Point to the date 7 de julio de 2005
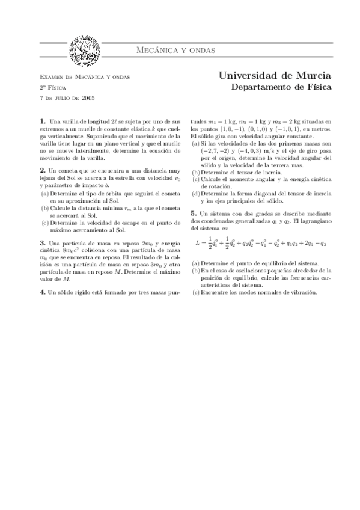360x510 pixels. (x=67, y=97)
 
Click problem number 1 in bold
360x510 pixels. (x=42, y=121)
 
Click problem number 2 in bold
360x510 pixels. (x=42, y=171)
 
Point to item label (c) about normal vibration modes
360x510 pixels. (x=195, y=292)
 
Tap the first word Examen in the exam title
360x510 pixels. (x=51, y=77)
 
